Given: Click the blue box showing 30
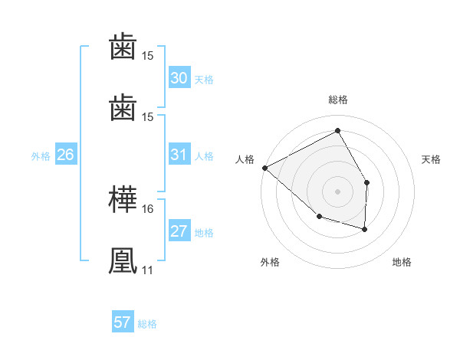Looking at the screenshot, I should tap(179, 78).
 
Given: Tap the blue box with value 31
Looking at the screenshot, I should tap(179, 155).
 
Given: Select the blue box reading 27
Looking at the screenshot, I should tap(179, 231).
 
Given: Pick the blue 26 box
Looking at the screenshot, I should tap(65, 155).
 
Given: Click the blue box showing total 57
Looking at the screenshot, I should tap(123, 322).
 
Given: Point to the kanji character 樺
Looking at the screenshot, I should tap(123, 201).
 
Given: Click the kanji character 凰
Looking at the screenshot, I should tap(123, 261).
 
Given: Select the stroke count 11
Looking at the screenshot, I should tap(148, 270).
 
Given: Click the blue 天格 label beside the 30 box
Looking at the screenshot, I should tap(203, 79).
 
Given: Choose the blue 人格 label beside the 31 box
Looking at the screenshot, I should tap(203, 155).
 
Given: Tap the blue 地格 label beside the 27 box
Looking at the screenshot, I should tap(203, 232).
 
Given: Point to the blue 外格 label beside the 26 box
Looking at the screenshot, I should tap(41, 155).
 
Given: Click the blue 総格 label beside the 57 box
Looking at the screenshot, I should tap(147, 323).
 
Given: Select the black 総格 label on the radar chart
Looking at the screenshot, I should tap(338, 100).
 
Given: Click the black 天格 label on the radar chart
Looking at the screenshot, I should tap(432, 159).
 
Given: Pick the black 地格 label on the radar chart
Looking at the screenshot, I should tap(402, 263).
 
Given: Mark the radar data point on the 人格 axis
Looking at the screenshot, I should tap(264, 168).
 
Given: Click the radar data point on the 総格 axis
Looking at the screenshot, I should tap(337, 132).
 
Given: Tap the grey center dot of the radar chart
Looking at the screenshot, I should tap(337, 191).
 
